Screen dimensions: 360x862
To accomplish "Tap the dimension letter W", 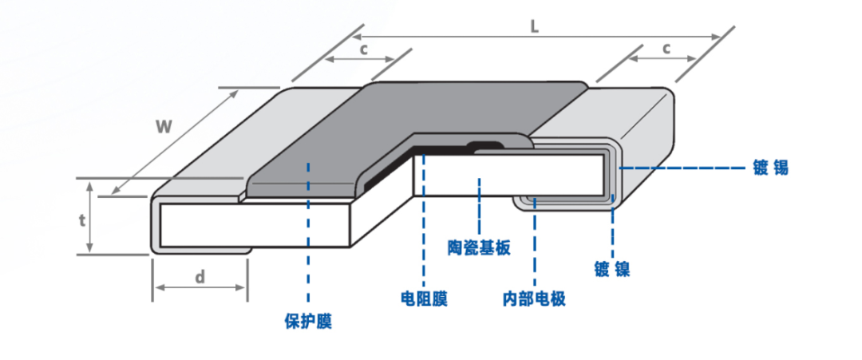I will (x=164, y=126).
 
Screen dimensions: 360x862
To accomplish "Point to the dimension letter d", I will (x=200, y=276).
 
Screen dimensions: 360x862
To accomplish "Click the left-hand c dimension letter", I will (x=362, y=49).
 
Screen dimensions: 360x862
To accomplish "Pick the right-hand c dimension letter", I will (x=666, y=49).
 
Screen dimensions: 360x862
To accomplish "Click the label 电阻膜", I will (x=423, y=299).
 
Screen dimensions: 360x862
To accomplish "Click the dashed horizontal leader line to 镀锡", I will (x=678, y=168).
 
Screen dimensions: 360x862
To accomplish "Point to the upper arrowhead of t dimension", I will (x=90, y=186).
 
